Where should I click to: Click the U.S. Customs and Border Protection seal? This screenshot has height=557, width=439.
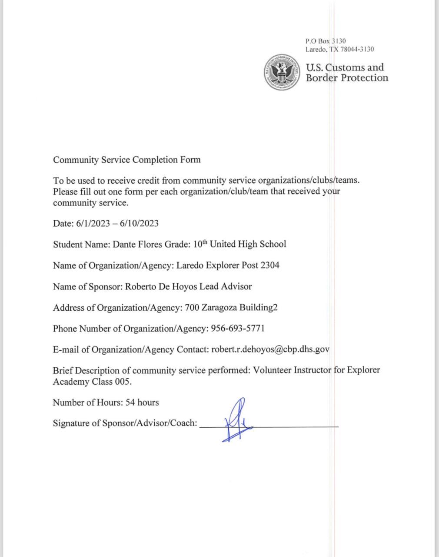click(283, 72)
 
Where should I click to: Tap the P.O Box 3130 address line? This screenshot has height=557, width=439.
click(326, 41)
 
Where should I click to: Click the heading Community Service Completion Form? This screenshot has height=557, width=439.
click(127, 159)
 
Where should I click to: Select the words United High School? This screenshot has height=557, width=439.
click(248, 244)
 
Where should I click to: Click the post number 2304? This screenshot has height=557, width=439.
click(269, 265)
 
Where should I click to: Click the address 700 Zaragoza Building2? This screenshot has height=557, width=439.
click(231, 308)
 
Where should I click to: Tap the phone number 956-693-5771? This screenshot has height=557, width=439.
click(238, 329)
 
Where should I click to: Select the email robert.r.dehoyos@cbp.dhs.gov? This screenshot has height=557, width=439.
click(270, 349)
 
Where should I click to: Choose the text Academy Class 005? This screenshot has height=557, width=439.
click(92, 382)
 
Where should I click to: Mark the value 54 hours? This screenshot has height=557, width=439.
click(142, 403)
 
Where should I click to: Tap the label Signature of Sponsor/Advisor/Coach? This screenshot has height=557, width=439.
click(125, 423)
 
